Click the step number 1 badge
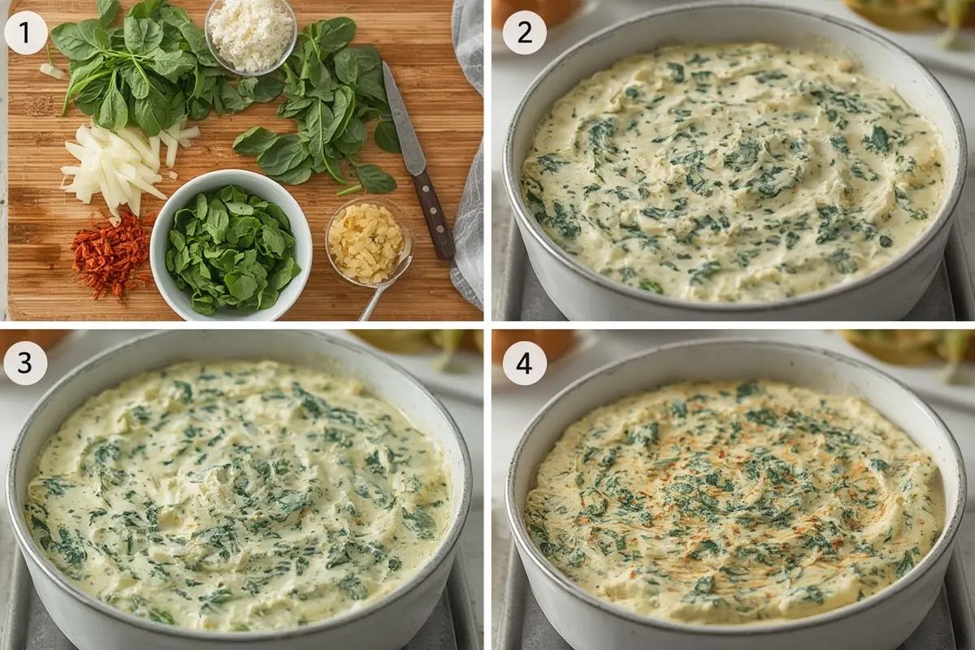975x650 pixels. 26,33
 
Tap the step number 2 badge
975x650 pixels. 525,33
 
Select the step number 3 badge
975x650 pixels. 26,363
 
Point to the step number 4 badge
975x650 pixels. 525,363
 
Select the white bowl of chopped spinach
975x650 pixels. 231,245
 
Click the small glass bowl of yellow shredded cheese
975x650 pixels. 368,241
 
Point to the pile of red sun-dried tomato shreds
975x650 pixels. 112,254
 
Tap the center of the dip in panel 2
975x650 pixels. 734,174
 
